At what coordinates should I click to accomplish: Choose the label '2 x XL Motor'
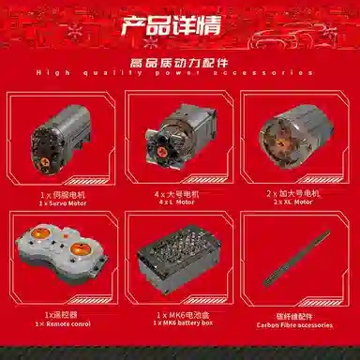(294, 202)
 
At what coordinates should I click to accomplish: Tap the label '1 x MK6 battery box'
(181, 323)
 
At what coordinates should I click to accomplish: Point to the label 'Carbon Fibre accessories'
(294, 324)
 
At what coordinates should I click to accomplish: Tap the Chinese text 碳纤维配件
(294, 315)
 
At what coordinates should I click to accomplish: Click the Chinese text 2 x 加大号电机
(294, 192)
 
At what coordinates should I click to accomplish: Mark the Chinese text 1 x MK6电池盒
(181, 314)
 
